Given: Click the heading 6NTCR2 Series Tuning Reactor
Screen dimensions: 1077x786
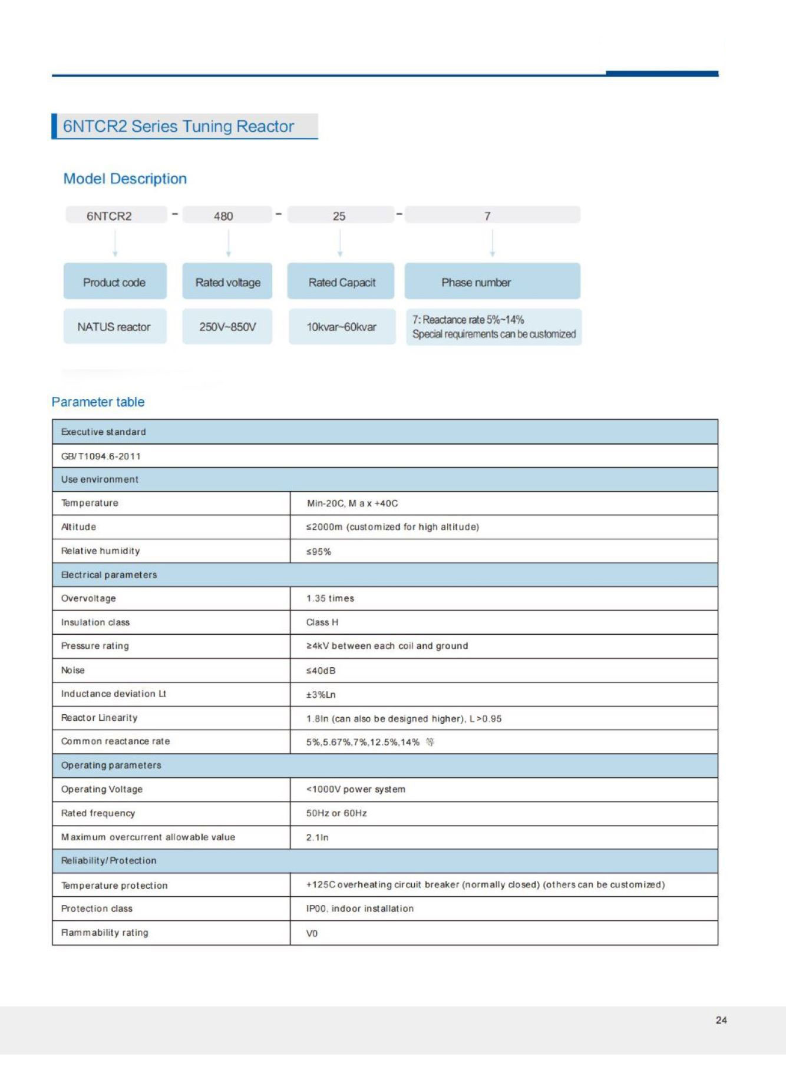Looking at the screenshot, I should tap(178, 127).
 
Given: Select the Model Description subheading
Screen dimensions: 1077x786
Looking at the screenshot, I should tap(125, 179).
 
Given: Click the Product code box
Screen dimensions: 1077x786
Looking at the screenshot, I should tap(114, 282).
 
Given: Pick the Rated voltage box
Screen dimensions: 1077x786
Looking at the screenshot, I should tap(227, 282).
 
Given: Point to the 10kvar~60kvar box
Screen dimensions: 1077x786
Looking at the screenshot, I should tap(342, 327).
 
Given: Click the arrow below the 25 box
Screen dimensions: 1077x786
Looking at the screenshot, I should tap(340, 243).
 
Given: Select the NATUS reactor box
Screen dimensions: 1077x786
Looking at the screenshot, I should tap(114, 327).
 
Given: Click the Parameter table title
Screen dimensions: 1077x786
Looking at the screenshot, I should tap(98, 402).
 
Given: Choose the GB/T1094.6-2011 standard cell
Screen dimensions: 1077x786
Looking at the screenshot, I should tap(101, 456).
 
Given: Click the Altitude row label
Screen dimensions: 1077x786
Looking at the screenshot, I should tap(78, 527).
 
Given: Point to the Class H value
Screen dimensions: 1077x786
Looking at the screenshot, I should tap(322, 622).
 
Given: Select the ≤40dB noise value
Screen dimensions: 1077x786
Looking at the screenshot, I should tap(321, 671).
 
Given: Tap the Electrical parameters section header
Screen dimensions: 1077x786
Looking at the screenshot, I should tap(109, 575).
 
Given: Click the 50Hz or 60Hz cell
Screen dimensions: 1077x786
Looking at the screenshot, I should tap(336, 813).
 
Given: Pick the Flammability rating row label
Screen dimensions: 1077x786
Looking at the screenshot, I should tap(105, 933).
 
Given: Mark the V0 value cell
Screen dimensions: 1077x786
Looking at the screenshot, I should tap(312, 933).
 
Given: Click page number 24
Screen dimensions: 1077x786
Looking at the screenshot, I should tap(721, 1020).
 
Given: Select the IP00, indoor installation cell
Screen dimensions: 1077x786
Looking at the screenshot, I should tap(360, 909).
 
